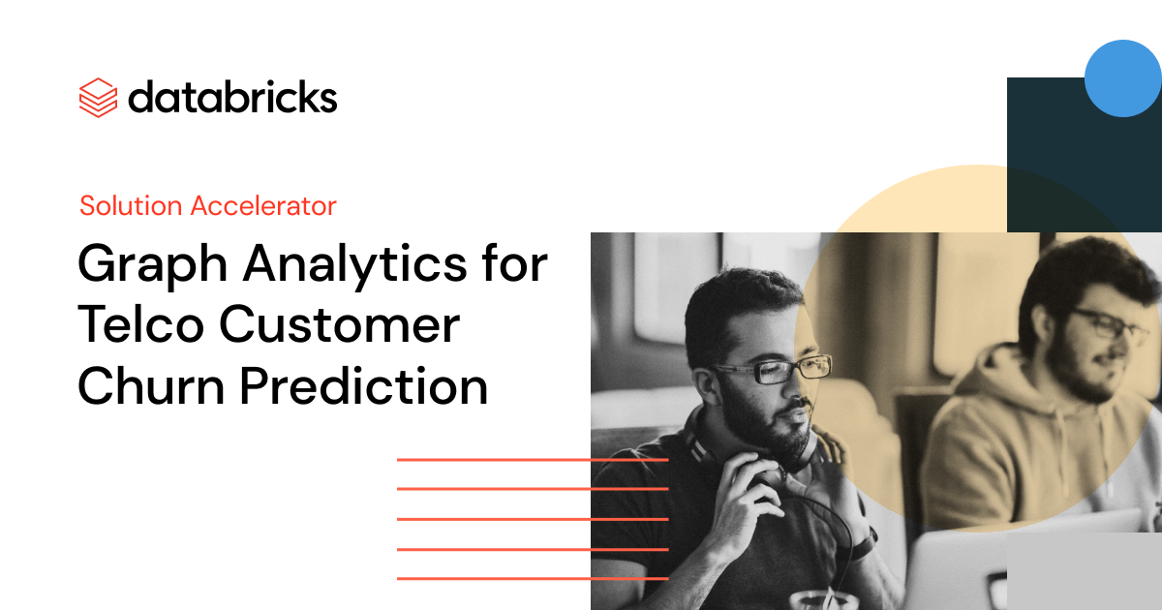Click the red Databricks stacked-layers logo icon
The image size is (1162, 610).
tap(98, 98)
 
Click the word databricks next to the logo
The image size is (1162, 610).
tap(232, 97)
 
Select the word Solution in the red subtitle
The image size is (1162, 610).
tap(131, 205)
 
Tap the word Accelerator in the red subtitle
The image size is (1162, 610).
tap(263, 205)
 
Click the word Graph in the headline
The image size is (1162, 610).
tap(153, 265)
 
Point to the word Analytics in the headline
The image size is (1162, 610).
tap(354, 265)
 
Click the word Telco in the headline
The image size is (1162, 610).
tap(140, 324)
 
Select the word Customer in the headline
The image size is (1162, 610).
tap(340, 324)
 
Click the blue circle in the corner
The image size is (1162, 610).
tap(1122, 78)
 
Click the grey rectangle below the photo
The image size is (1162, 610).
tap(1085, 571)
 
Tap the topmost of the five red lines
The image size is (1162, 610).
tap(533, 460)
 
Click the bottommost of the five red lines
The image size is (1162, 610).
tap(533, 578)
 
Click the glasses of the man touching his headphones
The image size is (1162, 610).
tap(773, 369)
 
